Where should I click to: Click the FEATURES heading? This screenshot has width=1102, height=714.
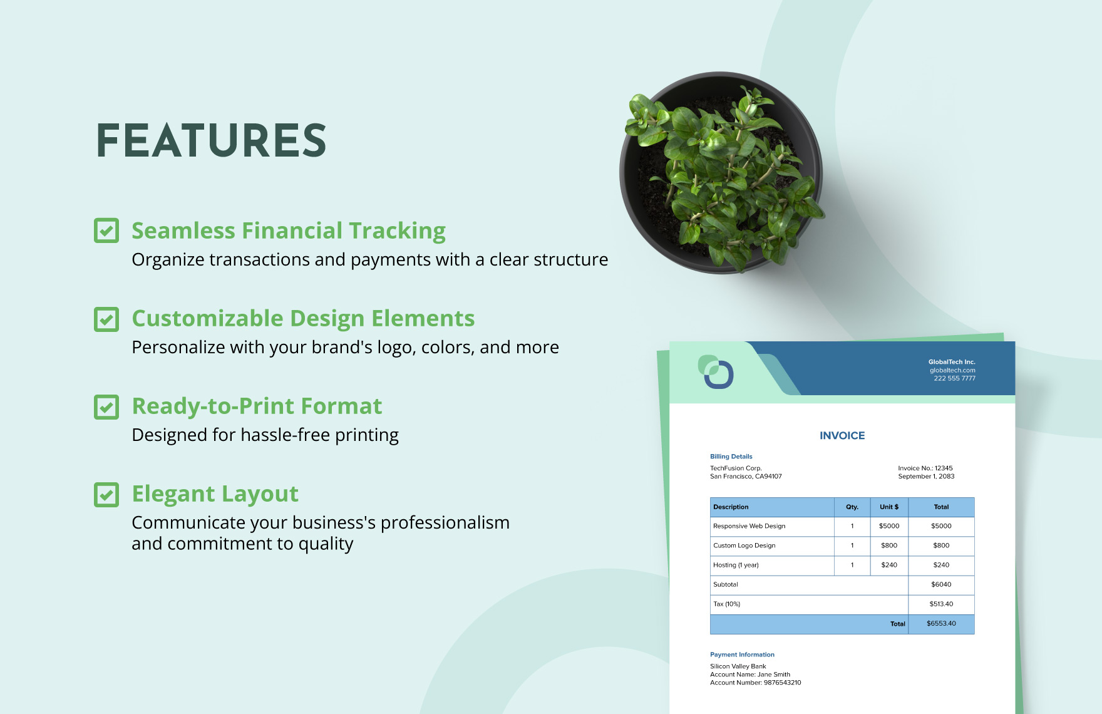(x=212, y=140)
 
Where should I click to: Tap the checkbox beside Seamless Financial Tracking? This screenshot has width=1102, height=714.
(x=106, y=230)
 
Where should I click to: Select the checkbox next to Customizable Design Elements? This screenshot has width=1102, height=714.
(x=106, y=319)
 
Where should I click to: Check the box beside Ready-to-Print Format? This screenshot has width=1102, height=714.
(x=106, y=406)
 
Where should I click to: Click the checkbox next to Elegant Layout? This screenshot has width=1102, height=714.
(x=106, y=494)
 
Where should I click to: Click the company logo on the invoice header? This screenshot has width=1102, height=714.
(x=716, y=372)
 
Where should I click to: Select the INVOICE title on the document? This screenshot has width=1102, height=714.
(x=842, y=435)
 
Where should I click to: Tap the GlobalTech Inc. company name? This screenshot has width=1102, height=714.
(x=952, y=362)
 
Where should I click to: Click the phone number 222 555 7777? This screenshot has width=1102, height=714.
(x=954, y=378)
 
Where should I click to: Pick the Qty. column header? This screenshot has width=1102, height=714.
(x=852, y=507)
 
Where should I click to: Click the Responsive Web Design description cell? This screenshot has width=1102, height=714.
(x=772, y=526)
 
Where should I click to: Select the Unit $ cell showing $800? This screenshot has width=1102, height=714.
(x=889, y=546)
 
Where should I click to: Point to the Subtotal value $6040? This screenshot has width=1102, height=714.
(x=941, y=584)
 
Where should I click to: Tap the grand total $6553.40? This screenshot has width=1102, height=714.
(x=941, y=624)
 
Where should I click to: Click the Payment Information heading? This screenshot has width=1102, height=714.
(x=742, y=654)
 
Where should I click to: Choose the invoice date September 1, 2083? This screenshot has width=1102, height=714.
(x=926, y=477)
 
